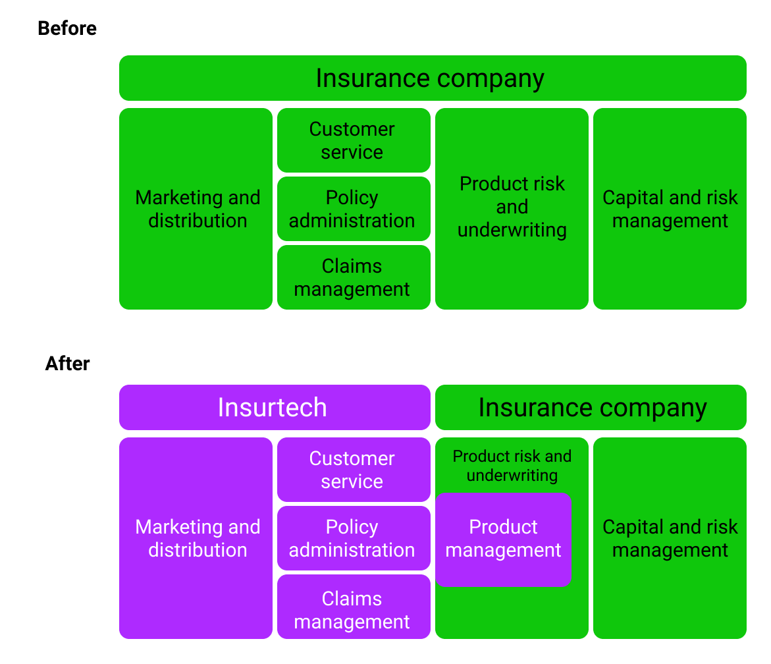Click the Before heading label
click(x=67, y=28)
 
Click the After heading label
click(x=67, y=364)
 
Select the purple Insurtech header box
click(x=275, y=407)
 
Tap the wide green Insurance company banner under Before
click(x=433, y=78)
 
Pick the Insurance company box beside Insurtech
click(x=591, y=407)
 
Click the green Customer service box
click(x=354, y=140)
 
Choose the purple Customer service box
click(x=354, y=470)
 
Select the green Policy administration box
click(x=354, y=209)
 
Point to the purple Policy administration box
click(x=354, y=538)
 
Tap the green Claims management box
click(x=354, y=277)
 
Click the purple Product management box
click(x=503, y=539)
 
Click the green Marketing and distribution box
click(x=196, y=209)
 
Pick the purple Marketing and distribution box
click(x=196, y=538)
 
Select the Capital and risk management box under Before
click(x=670, y=209)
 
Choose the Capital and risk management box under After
click(x=670, y=538)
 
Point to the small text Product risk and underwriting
click(x=512, y=466)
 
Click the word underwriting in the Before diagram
click(x=512, y=230)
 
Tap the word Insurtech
click(x=272, y=407)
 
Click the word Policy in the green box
click(x=352, y=198)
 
